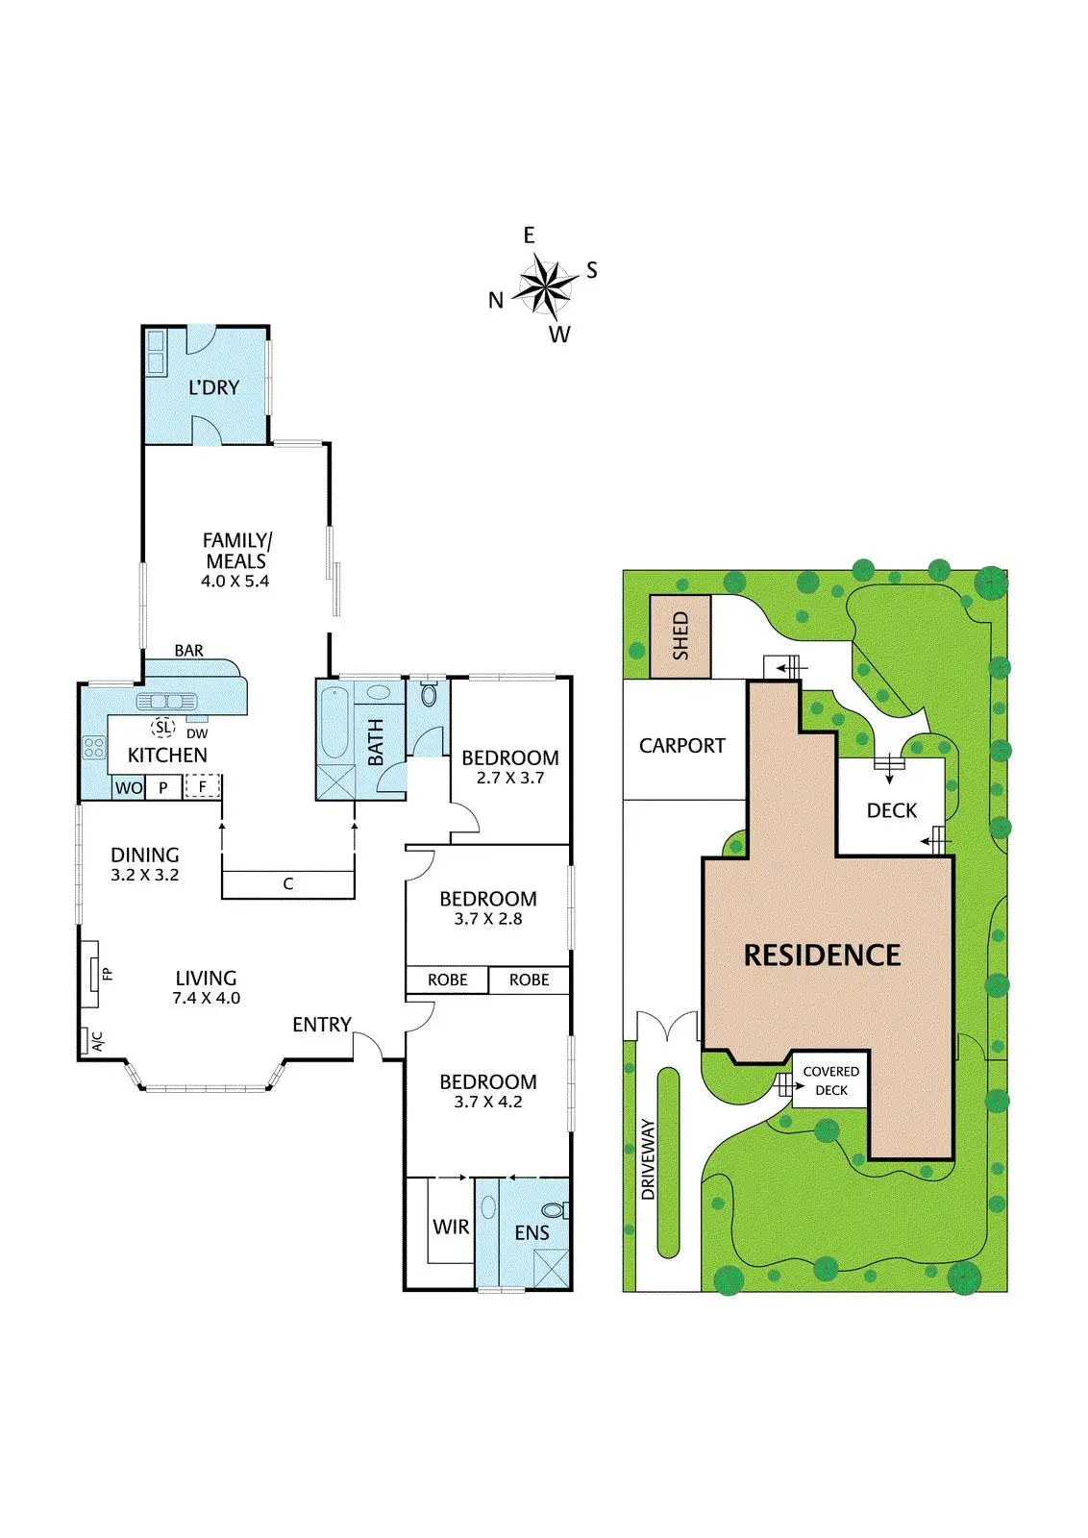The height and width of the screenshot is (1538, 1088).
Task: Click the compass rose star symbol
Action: point(544,286)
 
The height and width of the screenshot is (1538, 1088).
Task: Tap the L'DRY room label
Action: point(213,387)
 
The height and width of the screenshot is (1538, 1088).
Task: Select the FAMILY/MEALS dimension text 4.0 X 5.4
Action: point(235,582)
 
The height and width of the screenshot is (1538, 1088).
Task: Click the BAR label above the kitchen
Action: point(189,651)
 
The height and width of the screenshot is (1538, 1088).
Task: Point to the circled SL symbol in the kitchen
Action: point(163,728)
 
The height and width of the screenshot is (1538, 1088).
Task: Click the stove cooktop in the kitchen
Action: point(94,747)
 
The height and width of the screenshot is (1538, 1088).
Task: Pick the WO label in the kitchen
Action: point(129,788)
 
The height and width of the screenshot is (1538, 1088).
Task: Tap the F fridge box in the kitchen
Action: point(203,786)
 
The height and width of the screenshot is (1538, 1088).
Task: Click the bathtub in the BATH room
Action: point(334,723)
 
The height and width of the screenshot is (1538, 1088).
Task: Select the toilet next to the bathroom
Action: point(430,694)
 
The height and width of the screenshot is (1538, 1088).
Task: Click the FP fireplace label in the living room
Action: point(108,974)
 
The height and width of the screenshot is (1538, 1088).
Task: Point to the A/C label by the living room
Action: point(96,1041)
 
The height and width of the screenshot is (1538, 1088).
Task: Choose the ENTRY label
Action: point(322,1025)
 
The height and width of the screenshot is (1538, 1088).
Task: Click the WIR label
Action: point(451,1228)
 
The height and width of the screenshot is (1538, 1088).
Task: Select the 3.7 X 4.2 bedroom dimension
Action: point(488,1103)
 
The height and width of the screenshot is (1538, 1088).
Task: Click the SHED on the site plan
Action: point(680,636)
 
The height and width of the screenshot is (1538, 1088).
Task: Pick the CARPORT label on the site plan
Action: point(682,746)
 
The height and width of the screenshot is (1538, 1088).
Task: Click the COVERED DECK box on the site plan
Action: point(830,1080)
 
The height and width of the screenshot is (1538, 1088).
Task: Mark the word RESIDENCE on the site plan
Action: point(823,955)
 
